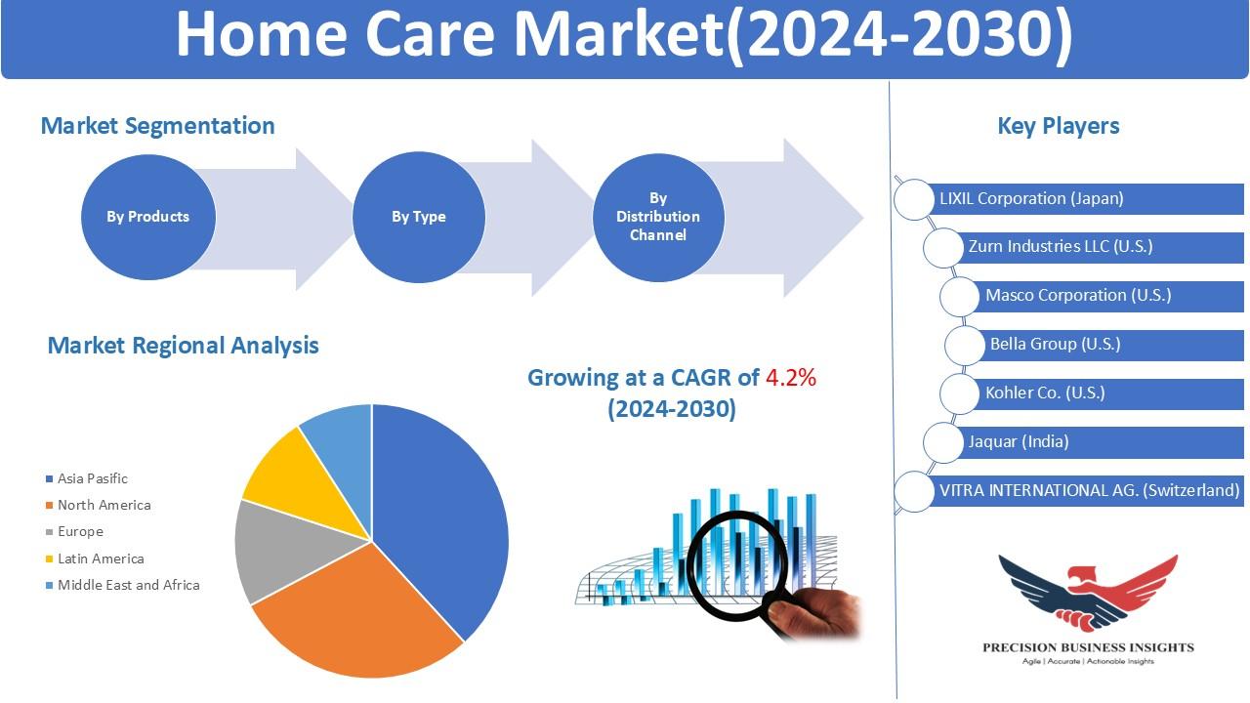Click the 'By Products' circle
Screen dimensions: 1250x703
pyautogui.click(x=147, y=217)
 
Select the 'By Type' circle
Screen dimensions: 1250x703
pyautogui.click(x=419, y=217)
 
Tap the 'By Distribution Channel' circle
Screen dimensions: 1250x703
pyautogui.click(x=658, y=217)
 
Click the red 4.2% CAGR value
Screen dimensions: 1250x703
pyautogui.click(x=791, y=378)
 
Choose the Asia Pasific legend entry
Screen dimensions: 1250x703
pyautogui.click(x=87, y=478)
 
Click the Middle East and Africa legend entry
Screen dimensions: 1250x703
pyautogui.click(x=123, y=585)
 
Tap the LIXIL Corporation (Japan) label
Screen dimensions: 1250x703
pyautogui.click(x=1031, y=198)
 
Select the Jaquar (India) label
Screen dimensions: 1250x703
pyautogui.click(x=1019, y=442)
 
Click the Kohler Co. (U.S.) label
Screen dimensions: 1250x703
pyautogui.click(x=1045, y=393)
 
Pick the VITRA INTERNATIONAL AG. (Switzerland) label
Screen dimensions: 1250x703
pyautogui.click(x=1089, y=490)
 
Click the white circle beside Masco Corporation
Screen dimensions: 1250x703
pyautogui.click(x=960, y=296)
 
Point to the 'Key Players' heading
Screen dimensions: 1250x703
pyautogui.click(x=1058, y=126)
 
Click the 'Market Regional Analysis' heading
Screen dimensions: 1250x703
pyautogui.click(x=183, y=346)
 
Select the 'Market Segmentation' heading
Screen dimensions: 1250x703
pyautogui.click(x=158, y=126)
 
